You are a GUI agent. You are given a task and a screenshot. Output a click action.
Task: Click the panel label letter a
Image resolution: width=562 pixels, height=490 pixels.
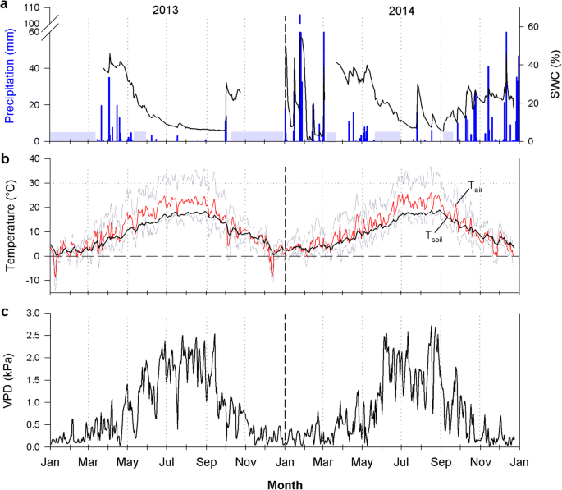(5, 5)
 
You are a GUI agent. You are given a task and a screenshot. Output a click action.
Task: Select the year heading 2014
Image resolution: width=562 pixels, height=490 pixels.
(400, 11)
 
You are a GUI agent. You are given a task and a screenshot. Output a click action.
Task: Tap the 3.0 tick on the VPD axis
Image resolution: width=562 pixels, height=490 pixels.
(34, 314)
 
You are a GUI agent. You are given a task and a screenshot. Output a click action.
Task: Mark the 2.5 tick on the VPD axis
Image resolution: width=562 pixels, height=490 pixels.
(34, 336)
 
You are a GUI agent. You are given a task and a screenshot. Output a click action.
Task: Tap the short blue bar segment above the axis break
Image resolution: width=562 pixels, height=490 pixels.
(300, 18)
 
